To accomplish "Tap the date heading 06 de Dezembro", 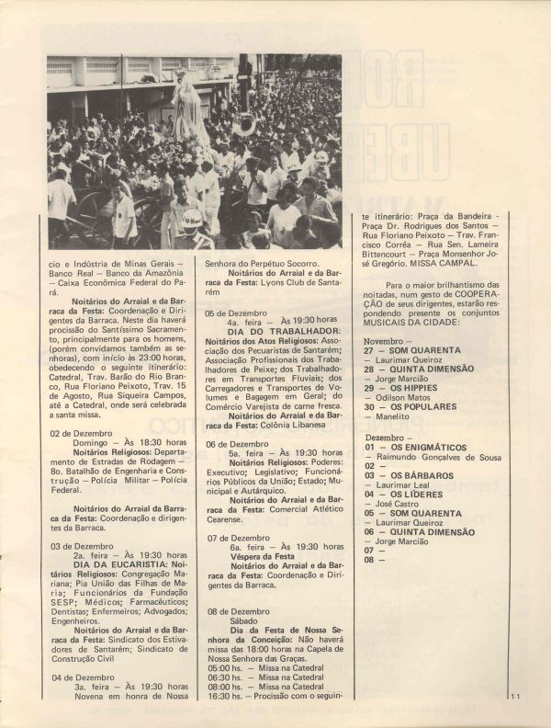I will tap(237, 443).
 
